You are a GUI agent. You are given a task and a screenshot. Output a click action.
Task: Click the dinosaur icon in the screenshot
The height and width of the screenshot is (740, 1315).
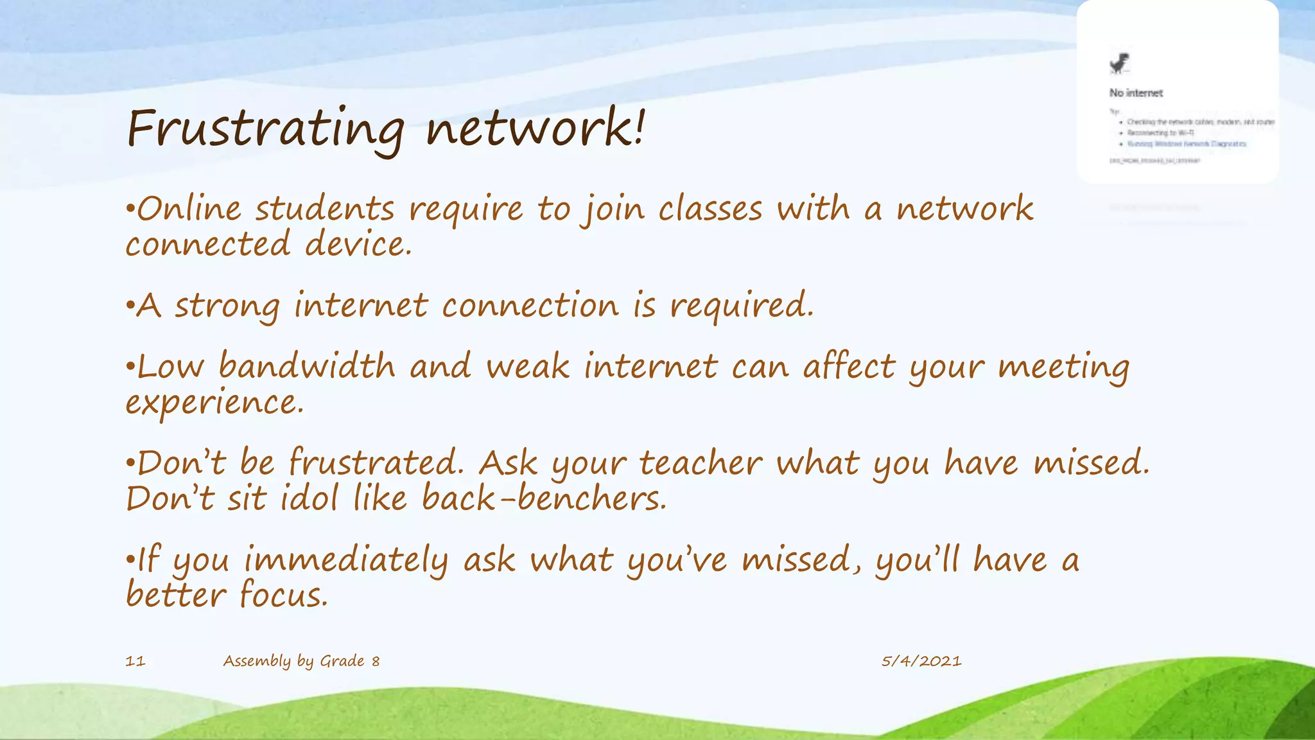[x=1119, y=64]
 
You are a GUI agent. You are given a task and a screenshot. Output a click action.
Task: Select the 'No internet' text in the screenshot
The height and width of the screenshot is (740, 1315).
[x=1135, y=93]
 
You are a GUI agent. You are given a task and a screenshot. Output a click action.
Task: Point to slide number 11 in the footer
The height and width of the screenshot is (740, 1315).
[x=135, y=661]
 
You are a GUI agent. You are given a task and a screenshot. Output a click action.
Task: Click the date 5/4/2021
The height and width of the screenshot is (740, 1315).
[x=921, y=661]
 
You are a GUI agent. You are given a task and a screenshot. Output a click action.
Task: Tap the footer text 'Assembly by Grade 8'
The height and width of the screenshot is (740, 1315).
[x=301, y=661]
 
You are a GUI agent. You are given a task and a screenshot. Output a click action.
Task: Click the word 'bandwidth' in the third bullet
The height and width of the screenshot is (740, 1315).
[x=306, y=366]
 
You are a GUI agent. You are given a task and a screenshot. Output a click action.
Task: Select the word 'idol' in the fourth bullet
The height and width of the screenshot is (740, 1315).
[x=309, y=498]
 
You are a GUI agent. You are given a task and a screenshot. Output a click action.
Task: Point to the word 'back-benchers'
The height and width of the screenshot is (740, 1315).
[x=544, y=498]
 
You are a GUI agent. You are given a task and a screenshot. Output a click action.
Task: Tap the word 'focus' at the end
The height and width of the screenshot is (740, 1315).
[x=283, y=595]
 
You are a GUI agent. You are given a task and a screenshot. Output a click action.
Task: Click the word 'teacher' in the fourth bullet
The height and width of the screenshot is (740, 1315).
[x=701, y=463]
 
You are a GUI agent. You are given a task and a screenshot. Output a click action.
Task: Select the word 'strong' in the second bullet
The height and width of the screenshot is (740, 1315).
[x=227, y=306]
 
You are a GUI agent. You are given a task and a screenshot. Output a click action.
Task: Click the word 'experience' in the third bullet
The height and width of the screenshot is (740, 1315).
[x=213, y=403]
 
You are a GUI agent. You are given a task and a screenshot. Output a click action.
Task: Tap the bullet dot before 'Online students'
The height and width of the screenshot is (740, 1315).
[x=130, y=209]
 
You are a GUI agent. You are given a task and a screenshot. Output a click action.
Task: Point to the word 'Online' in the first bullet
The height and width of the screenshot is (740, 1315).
[x=189, y=209]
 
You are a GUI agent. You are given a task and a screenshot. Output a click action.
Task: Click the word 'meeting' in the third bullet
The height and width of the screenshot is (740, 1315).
[x=1063, y=367]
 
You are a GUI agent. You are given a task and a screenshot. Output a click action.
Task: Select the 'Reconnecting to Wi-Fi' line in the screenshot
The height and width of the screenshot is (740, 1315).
[x=1160, y=133]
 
